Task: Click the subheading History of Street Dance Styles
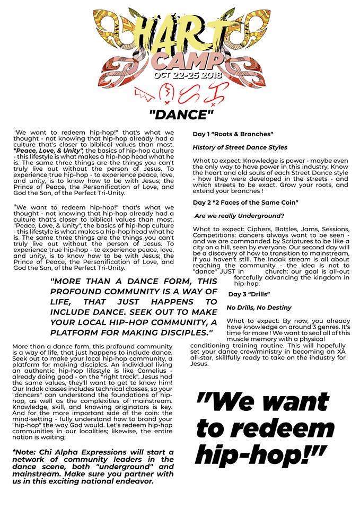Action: click(240, 147)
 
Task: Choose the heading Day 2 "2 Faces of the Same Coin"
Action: click(245, 203)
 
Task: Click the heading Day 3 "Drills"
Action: click(249, 294)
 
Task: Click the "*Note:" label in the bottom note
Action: click(25, 452)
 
